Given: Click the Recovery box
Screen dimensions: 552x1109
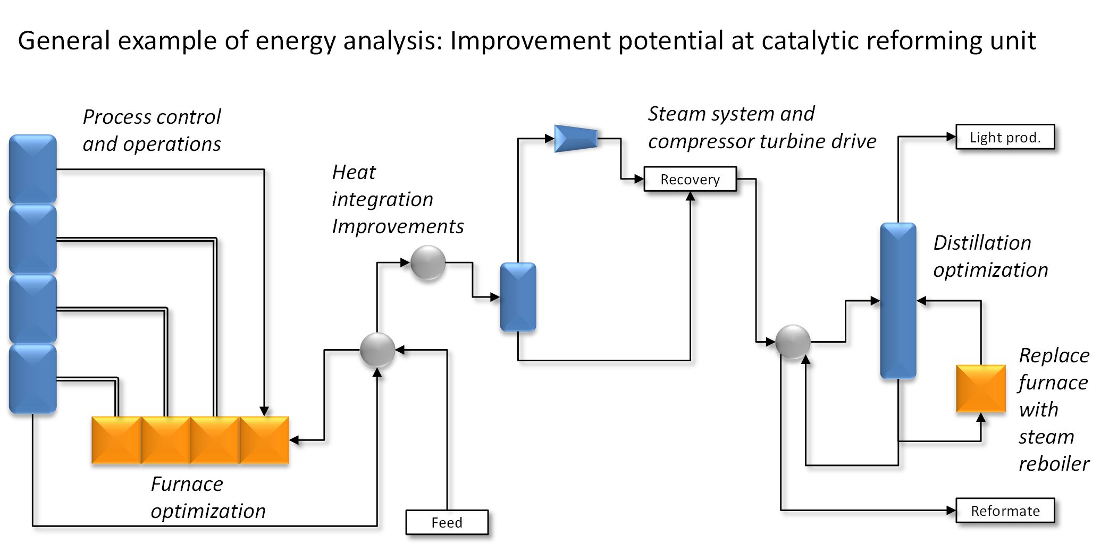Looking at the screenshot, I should (690, 179).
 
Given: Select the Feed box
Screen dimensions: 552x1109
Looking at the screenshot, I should (447, 522).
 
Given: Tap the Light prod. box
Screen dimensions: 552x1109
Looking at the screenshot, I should (1004, 137).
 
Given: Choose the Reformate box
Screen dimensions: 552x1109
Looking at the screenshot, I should (1004, 511).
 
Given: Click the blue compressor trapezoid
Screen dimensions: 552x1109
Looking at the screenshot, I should (576, 139).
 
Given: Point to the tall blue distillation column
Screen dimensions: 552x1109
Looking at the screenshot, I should (898, 300).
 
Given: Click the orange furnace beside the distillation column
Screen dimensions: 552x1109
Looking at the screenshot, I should (980, 388).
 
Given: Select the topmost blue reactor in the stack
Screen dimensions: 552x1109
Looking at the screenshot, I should (33, 169).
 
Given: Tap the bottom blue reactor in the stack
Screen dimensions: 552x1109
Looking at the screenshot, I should (33, 378).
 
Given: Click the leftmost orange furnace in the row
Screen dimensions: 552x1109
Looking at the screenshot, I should (116, 440).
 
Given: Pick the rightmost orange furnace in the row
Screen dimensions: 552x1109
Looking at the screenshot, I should (264, 440).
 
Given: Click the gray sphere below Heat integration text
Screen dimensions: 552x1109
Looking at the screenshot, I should (428, 262).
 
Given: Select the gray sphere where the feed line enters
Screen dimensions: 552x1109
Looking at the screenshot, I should (377, 350).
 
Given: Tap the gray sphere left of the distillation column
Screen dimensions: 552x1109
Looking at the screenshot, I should (793, 342).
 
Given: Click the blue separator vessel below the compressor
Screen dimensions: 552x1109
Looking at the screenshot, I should (518, 297).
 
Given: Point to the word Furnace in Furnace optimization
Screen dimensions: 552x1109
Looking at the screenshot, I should (187, 484).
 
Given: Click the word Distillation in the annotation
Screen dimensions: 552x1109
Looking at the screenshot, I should (982, 243).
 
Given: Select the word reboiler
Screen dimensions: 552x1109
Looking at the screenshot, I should (1054, 464).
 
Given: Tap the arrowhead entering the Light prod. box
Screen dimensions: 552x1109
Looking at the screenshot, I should (951, 137).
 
